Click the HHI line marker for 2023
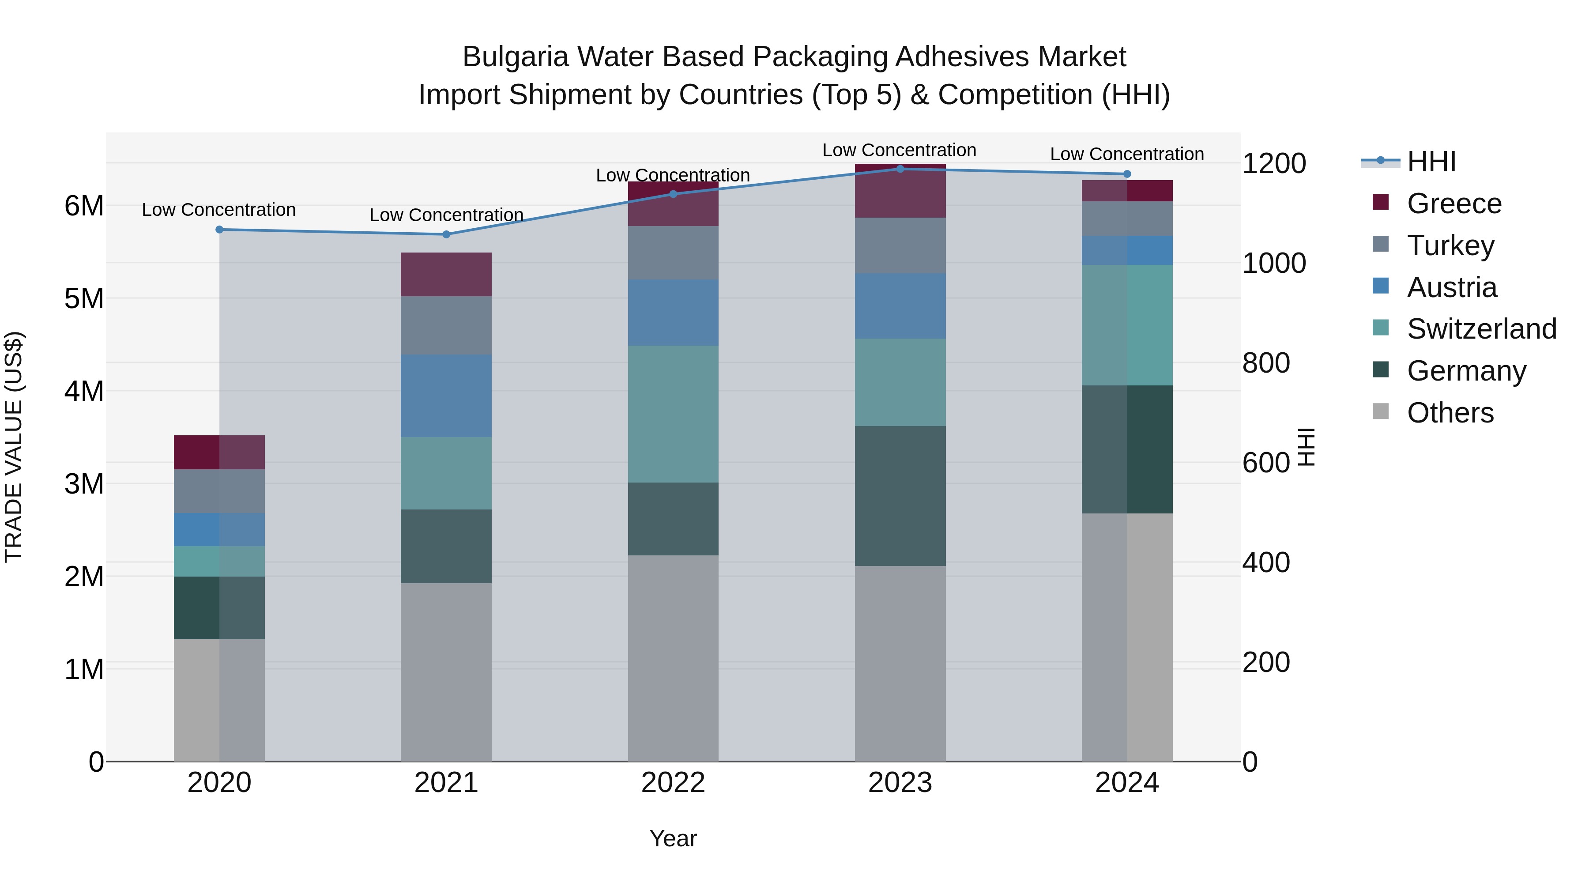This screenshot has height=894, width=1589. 900,169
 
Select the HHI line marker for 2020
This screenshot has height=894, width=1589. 220,230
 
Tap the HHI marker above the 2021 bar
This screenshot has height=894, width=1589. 447,234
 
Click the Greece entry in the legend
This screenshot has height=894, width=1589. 1453,203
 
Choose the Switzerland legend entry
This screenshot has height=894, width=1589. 1480,329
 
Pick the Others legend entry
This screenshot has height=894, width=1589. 1450,413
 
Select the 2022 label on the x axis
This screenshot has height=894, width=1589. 673,782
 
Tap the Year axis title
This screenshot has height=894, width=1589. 673,838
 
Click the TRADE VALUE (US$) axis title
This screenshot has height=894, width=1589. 14,447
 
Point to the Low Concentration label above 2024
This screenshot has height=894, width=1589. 1126,154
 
